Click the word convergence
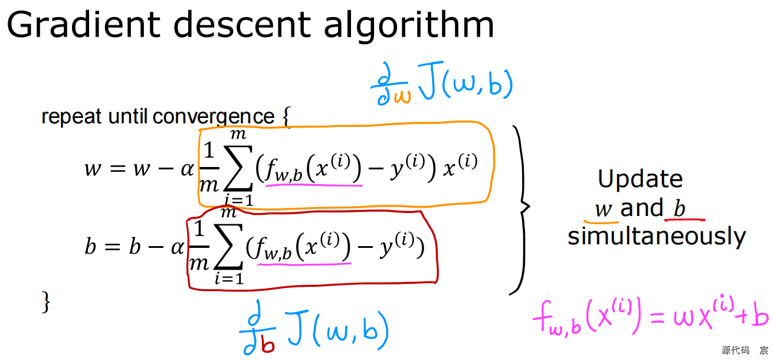pos(214,117)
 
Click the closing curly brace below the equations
pos(46,302)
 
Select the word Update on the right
pos(639,179)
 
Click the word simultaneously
pos(657,236)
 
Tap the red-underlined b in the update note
pos(679,208)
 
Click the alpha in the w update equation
pos(188,169)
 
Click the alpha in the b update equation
pos(178,247)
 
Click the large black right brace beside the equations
pos(520,208)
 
